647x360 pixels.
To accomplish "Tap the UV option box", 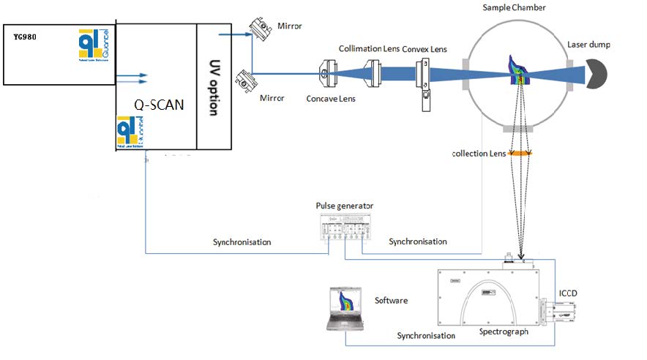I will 212,87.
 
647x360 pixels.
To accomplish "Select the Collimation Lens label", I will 370,48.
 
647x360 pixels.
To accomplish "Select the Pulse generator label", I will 344,206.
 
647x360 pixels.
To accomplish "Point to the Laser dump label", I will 588,45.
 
